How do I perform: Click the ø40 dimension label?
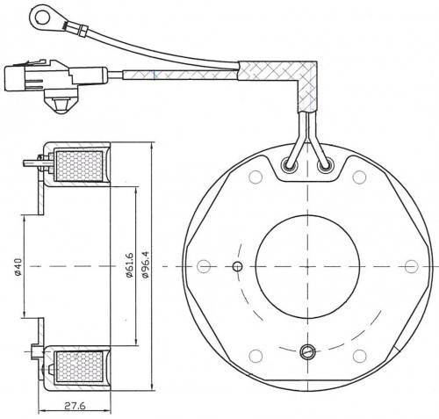click(x=18, y=266)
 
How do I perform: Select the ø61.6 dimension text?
click(x=129, y=264)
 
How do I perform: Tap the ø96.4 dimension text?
click(x=145, y=264)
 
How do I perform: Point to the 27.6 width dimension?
click(x=75, y=406)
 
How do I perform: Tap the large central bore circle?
click(x=307, y=267)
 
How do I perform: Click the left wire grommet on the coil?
click(x=290, y=165)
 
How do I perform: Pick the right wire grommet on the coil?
click(x=325, y=166)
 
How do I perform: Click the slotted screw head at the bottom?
click(x=307, y=351)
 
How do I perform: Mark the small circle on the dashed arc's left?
click(x=237, y=266)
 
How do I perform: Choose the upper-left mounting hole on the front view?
click(x=255, y=177)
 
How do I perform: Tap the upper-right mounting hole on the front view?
click(x=359, y=177)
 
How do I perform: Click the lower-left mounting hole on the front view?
click(x=255, y=356)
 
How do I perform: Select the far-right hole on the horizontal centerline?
click(x=412, y=266)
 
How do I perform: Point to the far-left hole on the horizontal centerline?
click(x=204, y=266)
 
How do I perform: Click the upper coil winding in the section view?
click(x=79, y=166)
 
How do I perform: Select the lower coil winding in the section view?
click(x=79, y=367)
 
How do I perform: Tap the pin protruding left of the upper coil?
click(x=32, y=163)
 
